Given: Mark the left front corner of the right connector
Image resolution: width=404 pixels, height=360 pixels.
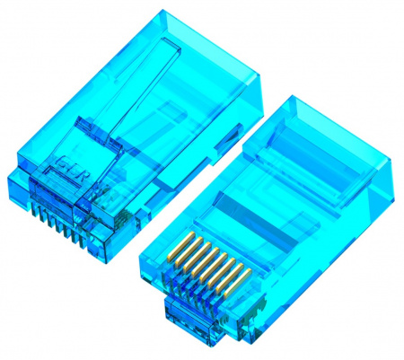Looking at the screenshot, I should tap(141, 260).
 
